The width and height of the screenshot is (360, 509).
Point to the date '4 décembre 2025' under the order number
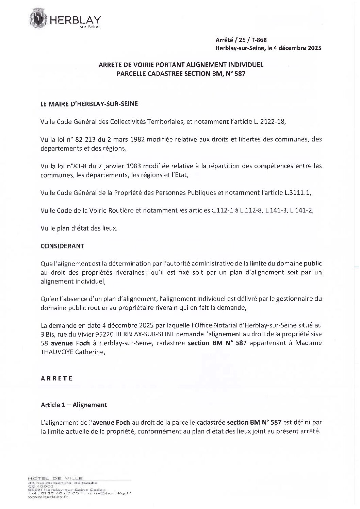pos(296,48)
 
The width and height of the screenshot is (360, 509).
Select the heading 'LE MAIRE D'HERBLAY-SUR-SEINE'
pos(89,104)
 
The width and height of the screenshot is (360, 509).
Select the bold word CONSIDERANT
pos(62,245)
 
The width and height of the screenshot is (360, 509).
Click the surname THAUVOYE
pos(58,352)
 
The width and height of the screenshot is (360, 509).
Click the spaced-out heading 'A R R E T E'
pos(56,378)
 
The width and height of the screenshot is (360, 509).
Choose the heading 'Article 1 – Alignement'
pos(74,405)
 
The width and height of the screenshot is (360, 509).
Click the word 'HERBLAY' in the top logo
pos(75,21)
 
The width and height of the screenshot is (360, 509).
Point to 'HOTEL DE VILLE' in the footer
pos(56,478)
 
